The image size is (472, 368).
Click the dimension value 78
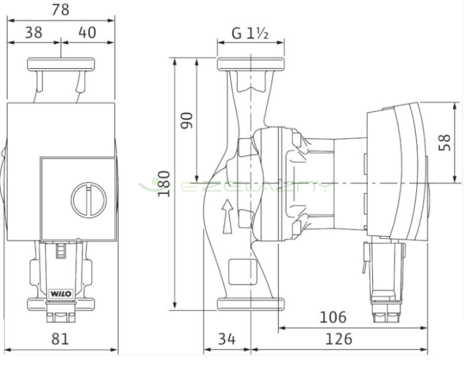click(x=60, y=10)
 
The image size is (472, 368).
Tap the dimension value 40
click(x=87, y=33)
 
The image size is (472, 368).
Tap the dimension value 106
click(x=333, y=317)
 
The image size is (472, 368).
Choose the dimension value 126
click(x=338, y=339)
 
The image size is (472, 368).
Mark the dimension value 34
click(x=227, y=339)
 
